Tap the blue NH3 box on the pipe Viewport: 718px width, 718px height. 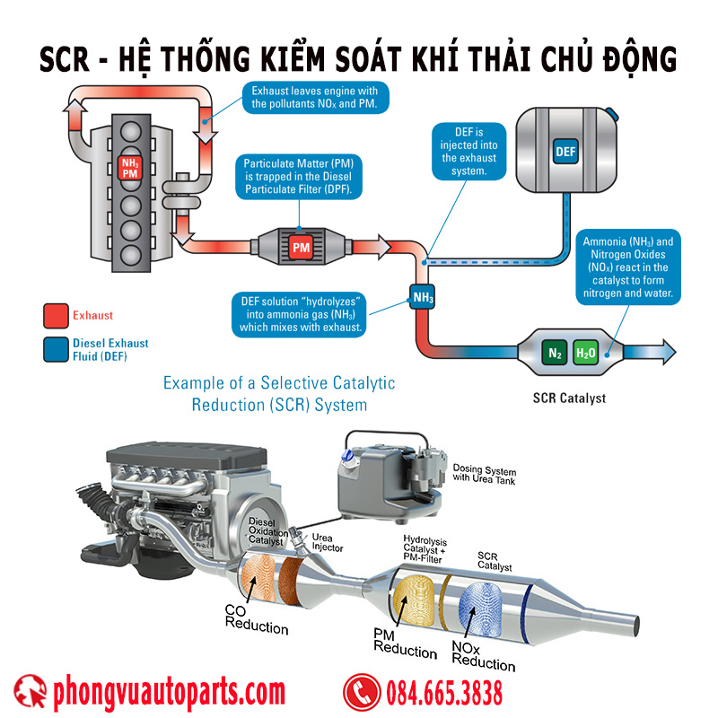click(x=424, y=295)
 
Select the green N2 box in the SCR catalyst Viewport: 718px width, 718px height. click(x=555, y=353)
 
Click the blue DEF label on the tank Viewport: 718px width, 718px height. click(x=565, y=151)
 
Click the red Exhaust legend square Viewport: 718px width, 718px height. click(x=55, y=315)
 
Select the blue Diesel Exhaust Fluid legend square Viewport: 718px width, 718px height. click(x=55, y=348)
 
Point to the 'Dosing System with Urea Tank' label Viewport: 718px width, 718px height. click(x=485, y=475)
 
